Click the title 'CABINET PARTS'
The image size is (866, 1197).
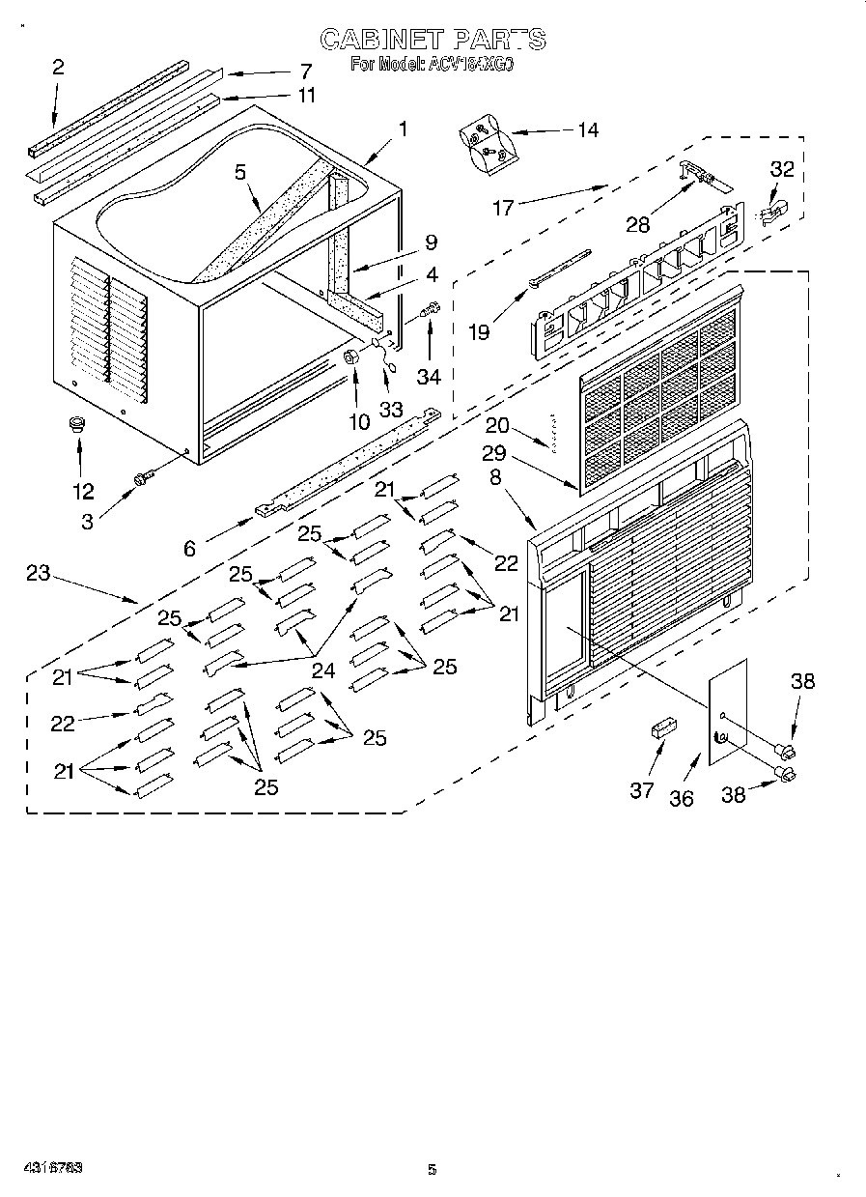point(433,39)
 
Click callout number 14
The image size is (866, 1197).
point(586,130)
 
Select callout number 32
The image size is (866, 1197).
point(781,169)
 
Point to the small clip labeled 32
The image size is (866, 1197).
point(772,212)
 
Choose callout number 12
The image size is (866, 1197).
point(83,491)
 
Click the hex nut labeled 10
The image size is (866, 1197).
point(351,357)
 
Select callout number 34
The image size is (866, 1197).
point(431,374)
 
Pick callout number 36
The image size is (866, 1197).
point(682,798)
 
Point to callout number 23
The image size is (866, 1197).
point(38,573)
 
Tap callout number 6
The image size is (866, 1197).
point(189,548)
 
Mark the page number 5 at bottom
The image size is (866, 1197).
point(433,1169)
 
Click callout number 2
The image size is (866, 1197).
point(58,67)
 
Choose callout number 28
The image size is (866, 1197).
point(637,224)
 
